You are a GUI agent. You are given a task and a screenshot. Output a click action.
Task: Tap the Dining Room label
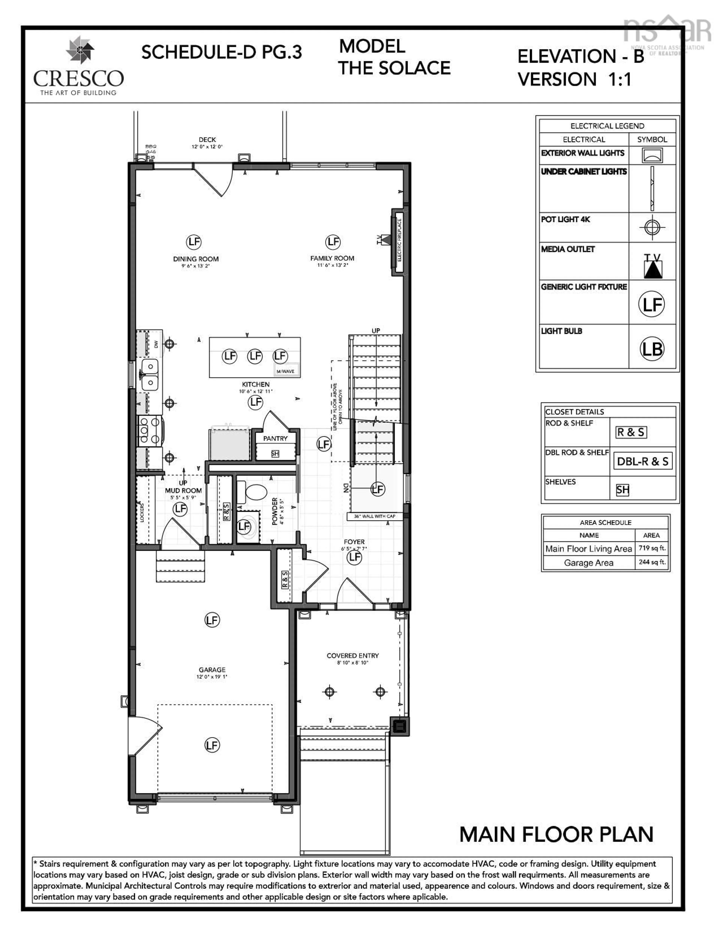click(x=196, y=259)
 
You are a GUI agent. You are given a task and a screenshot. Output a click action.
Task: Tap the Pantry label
click(x=275, y=438)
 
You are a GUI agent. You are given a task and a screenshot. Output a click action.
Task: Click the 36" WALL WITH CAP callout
click(x=374, y=516)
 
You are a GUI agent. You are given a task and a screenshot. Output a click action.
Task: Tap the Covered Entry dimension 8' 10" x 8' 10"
click(x=352, y=663)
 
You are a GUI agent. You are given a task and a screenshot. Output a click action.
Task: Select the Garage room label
click(x=212, y=670)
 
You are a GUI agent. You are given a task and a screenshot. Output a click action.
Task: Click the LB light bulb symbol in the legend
click(x=652, y=349)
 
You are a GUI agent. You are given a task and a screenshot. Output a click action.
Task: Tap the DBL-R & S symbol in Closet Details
click(x=642, y=461)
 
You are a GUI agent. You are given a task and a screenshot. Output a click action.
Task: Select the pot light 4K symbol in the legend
click(x=652, y=227)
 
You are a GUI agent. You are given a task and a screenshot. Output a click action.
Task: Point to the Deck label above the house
click(x=207, y=140)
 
